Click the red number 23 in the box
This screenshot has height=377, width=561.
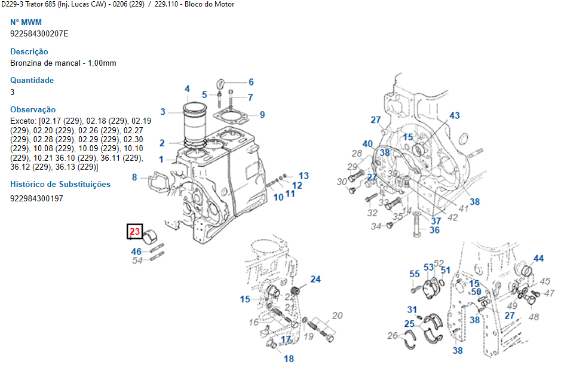tap(134, 231)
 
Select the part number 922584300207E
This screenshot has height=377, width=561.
tap(39, 33)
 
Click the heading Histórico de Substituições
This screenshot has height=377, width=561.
tap(60, 184)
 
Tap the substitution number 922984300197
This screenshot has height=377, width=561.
tap(36, 198)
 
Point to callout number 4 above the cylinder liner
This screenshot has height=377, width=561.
tap(187, 89)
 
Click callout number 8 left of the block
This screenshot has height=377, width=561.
tap(134, 177)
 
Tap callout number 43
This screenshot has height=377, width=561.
tap(455, 115)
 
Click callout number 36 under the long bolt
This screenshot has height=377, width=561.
tap(434, 230)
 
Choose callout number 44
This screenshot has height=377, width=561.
tap(539, 259)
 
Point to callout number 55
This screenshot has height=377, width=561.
tap(415, 274)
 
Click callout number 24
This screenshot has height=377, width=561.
tap(315, 279)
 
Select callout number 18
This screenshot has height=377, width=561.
tap(289, 359)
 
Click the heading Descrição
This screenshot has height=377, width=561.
tap(29, 51)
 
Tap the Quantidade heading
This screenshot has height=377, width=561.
tap(32, 80)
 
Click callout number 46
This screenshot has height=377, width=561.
tap(137, 252)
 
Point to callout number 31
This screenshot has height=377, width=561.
tap(412, 309)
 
